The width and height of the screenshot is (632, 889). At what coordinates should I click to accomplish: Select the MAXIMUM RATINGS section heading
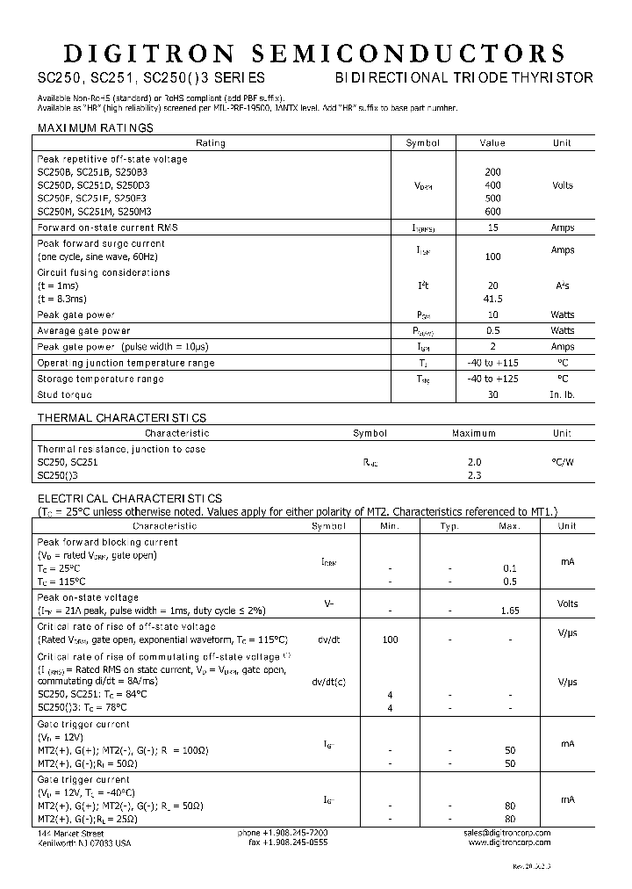(95, 128)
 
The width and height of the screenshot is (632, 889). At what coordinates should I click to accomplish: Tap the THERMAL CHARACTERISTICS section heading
(121, 418)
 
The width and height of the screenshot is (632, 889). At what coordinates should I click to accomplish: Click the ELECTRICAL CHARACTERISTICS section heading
(129, 498)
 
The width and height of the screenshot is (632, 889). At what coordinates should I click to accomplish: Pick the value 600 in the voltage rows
(492, 212)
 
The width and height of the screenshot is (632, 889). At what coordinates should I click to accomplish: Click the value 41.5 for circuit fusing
(492, 299)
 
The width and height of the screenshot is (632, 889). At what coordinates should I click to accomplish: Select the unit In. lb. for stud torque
(562, 394)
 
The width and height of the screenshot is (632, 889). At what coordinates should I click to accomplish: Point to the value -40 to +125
(492, 379)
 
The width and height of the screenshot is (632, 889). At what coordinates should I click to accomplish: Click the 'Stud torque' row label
(65, 394)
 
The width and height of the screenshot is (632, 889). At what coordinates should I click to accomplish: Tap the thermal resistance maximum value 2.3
(475, 475)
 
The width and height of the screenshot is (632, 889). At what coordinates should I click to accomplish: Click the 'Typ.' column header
(449, 526)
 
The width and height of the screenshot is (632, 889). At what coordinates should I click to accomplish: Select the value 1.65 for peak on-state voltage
(510, 609)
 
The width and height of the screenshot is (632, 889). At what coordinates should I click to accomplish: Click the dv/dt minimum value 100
(391, 640)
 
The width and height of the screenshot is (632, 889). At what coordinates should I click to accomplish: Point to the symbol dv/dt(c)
(328, 682)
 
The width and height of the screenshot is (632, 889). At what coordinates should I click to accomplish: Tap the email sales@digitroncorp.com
(506, 832)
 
